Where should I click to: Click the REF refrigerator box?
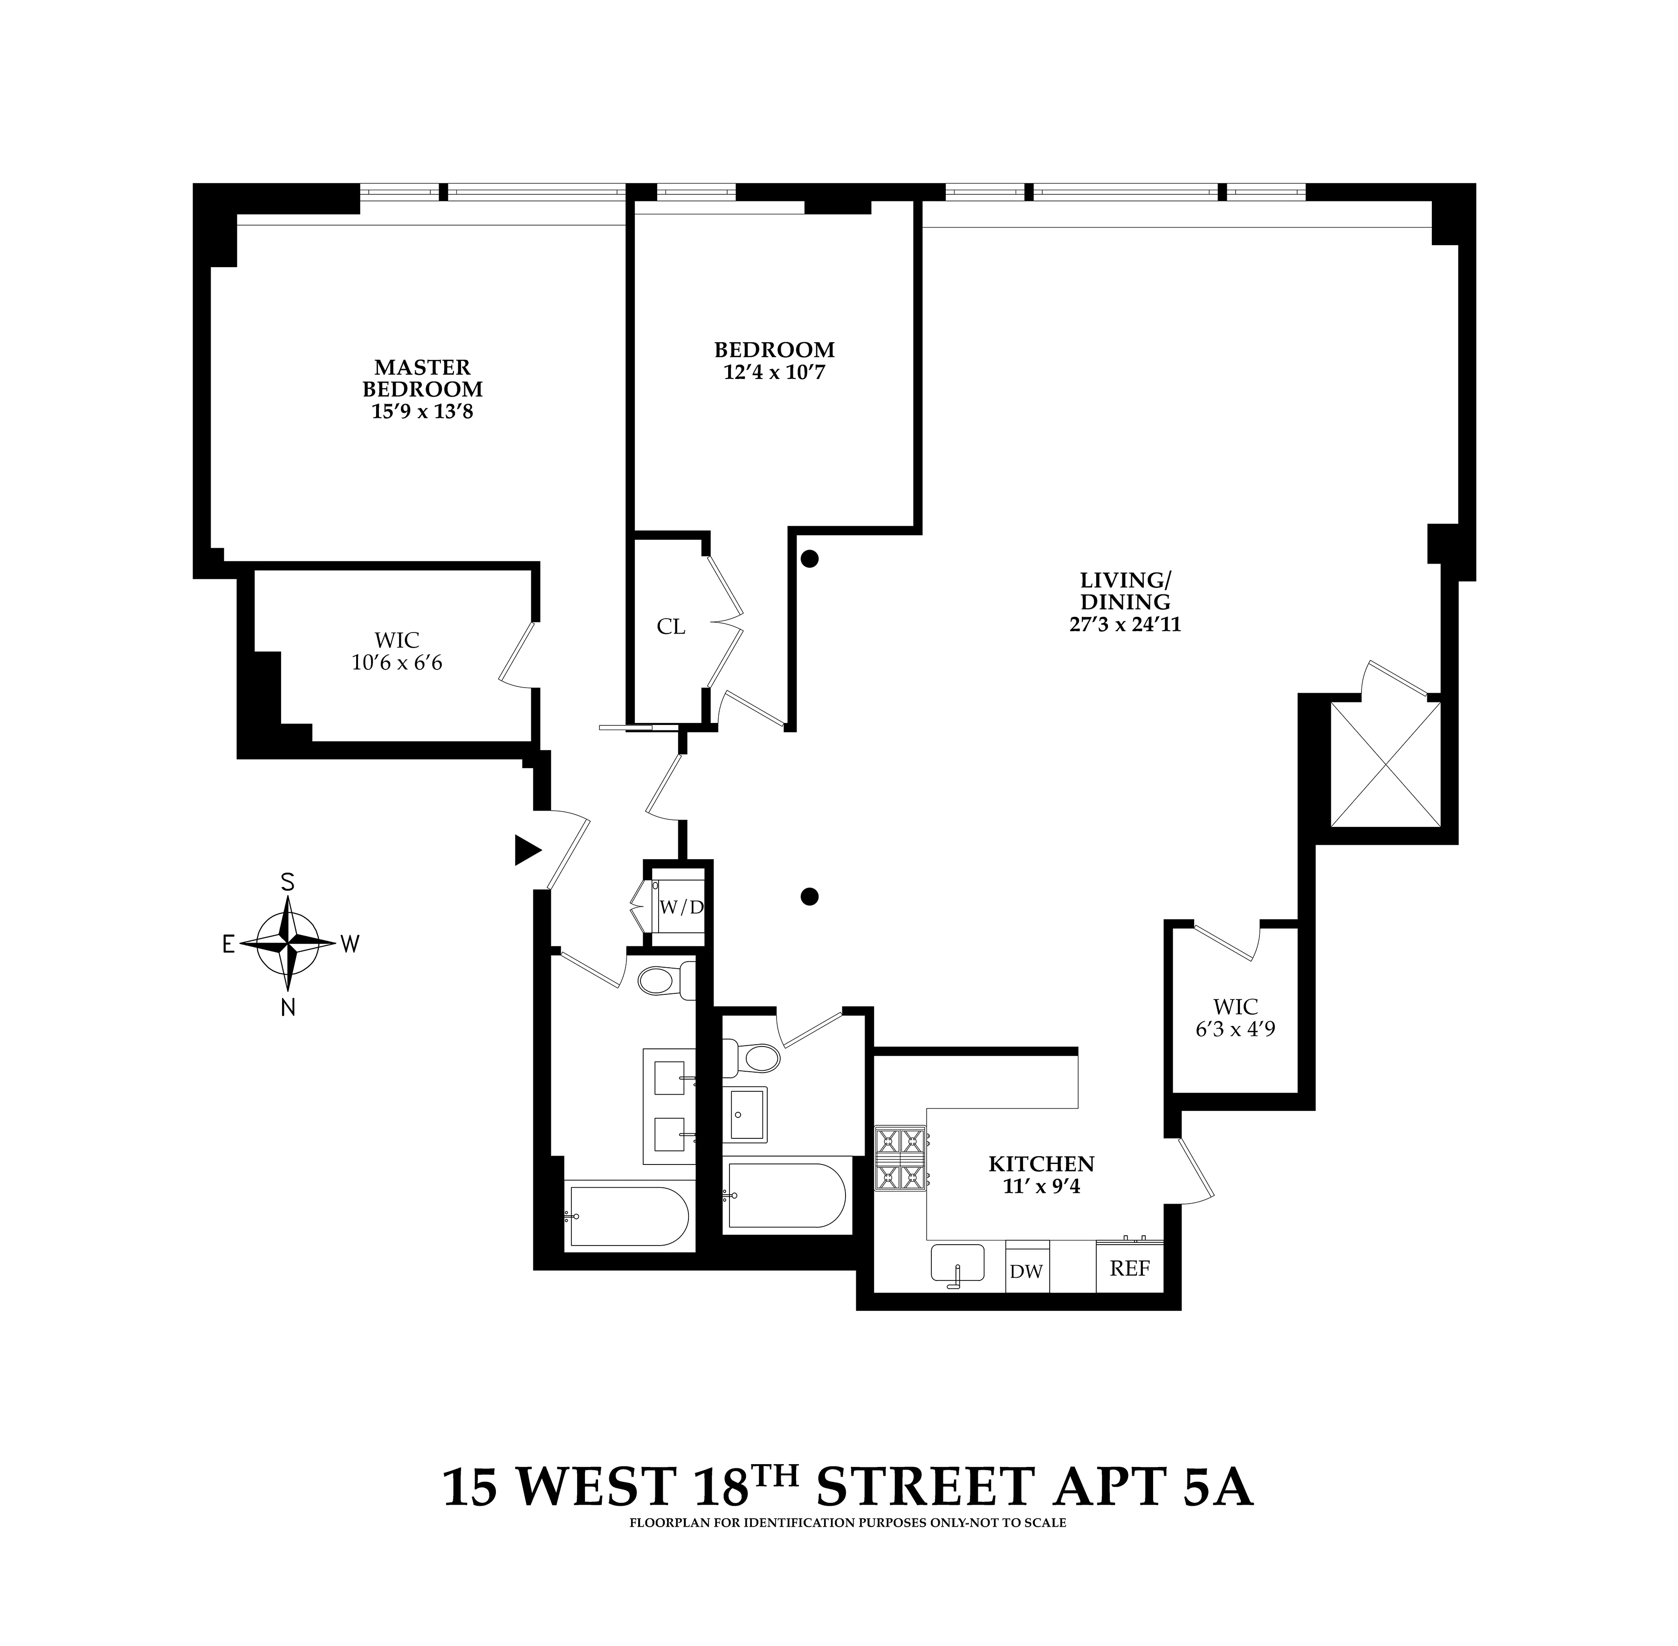pos(1129,1269)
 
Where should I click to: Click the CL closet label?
pos(671,627)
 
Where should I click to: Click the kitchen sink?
pos(957,1264)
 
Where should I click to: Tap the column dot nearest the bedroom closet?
pos(809,559)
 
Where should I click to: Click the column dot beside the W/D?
pos(809,896)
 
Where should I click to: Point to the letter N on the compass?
pos(288,1007)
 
